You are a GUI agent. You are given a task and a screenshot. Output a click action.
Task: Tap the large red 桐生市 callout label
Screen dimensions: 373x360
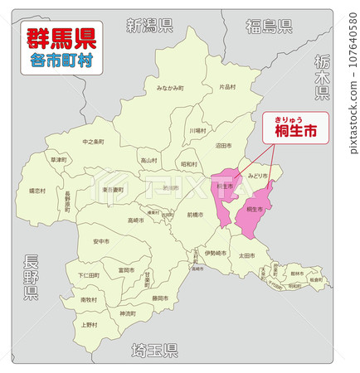click(x=296, y=130)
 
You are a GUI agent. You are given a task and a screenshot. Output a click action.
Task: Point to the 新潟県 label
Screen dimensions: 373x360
click(x=149, y=25)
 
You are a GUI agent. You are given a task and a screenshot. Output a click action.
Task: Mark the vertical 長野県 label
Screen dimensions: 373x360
click(x=31, y=277)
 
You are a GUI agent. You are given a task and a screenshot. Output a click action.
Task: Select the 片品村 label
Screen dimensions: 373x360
click(x=227, y=86)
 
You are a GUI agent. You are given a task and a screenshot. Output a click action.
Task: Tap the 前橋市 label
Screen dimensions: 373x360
click(x=195, y=215)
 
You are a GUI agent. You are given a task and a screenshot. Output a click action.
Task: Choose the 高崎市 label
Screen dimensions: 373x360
click(x=135, y=220)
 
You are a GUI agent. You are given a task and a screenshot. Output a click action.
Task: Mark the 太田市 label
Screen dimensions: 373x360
click(x=246, y=255)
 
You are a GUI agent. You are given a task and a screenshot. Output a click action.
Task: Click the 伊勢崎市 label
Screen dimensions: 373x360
click(x=215, y=253)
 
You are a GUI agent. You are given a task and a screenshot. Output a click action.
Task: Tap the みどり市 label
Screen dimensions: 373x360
click(x=258, y=176)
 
